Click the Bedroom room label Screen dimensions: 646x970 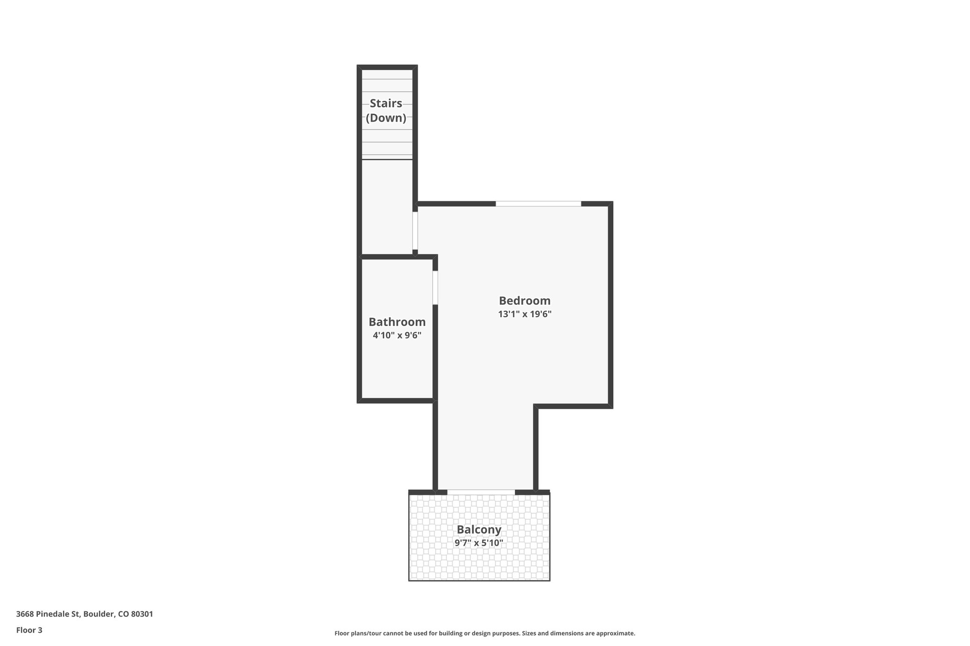point(524,301)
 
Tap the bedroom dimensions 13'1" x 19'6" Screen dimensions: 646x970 point(524,314)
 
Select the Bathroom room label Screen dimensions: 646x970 point(397,322)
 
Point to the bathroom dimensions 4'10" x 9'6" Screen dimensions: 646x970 point(397,336)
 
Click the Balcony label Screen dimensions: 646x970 point(479,530)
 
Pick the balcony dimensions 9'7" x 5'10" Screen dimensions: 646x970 point(479,543)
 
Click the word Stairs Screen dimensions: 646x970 point(386,103)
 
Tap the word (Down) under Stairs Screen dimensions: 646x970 point(386,118)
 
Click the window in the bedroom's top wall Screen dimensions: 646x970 point(538,204)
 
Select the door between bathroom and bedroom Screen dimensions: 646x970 point(435,287)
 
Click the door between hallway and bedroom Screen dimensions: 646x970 point(415,230)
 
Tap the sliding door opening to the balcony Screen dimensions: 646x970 point(481,492)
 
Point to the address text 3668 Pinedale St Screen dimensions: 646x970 point(48,614)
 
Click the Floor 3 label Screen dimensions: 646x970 point(29,630)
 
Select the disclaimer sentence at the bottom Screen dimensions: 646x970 point(485,633)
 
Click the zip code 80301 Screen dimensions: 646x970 point(142,614)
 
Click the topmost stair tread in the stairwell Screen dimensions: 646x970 point(387,75)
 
